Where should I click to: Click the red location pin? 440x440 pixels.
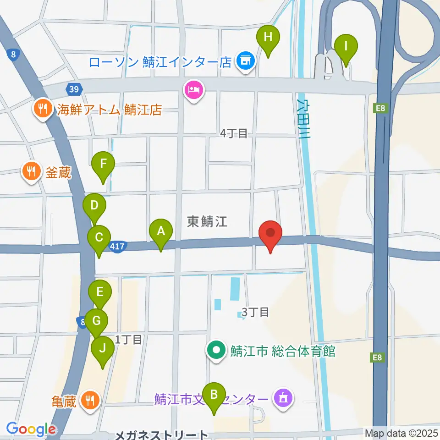pos(270,234)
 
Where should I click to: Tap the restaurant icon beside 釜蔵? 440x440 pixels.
pos(31,172)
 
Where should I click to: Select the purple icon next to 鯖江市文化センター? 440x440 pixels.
pos(283,397)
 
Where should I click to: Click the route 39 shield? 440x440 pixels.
pos(74,89)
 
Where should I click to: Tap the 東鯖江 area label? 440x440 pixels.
pos(208,222)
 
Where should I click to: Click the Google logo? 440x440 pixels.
pos(31,429)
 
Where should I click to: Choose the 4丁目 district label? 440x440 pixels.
pos(234,133)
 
